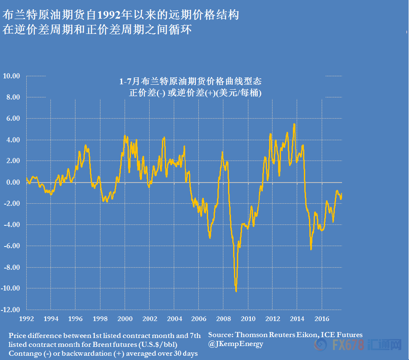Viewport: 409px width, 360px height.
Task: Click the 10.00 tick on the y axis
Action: pyautogui.click(x=11, y=76)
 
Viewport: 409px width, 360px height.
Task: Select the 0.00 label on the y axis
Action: pyautogui.click(x=13, y=182)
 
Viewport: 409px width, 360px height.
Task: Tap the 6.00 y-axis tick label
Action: pyautogui.click(x=13, y=119)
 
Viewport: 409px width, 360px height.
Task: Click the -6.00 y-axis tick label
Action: pyautogui.click(x=11, y=246)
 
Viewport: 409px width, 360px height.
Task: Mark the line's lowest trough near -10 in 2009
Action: pyautogui.click(x=236, y=291)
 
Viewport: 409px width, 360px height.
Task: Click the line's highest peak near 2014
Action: pyautogui.click(x=294, y=124)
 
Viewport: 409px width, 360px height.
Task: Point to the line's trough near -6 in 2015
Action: pyautogui.click(x=311, y=249)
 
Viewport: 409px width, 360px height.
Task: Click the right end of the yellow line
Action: pyautogui.click(x=342, y=194)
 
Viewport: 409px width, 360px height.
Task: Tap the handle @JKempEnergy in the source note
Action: pyautogui.click(x=236, y=344)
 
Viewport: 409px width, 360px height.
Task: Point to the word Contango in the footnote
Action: pyautogui.click(x=23, y=353)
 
